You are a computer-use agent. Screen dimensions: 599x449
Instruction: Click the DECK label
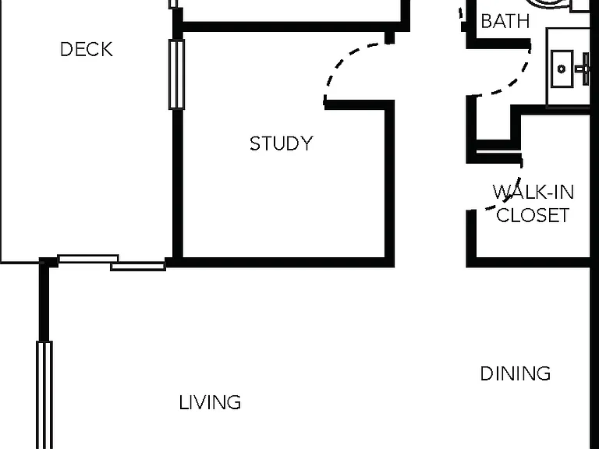click(x=87, y=49)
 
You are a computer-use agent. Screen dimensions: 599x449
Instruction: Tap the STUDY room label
click(x=281, y=143)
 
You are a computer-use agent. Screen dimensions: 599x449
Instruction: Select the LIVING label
click(x=210, y=402)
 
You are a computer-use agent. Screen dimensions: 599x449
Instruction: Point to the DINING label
click(x=516, y=373)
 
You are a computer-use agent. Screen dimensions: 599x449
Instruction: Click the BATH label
click(x=505, y=21)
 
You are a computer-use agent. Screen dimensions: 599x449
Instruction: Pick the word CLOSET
click(x=533, y=215)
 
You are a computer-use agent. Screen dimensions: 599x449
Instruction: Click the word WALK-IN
click(x=533, y=192)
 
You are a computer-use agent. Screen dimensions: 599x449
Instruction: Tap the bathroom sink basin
click(x=562, y=69)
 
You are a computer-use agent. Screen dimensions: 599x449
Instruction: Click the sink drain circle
click(x=562, y=69)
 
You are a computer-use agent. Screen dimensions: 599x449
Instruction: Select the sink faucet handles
click(x=583, y=69)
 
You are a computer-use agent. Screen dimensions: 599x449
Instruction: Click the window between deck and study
click(x=176, y=75)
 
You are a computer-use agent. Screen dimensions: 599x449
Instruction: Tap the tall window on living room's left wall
click(x=44, y=394)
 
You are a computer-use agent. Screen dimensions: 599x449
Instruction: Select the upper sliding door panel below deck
click(x=88, y=259)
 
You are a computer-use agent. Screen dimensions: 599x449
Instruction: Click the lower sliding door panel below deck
click(x=138, y=267)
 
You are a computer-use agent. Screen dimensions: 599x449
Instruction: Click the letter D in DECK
click(x=66, y=49)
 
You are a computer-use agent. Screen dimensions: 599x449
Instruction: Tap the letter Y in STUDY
click(x=307, y=143)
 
